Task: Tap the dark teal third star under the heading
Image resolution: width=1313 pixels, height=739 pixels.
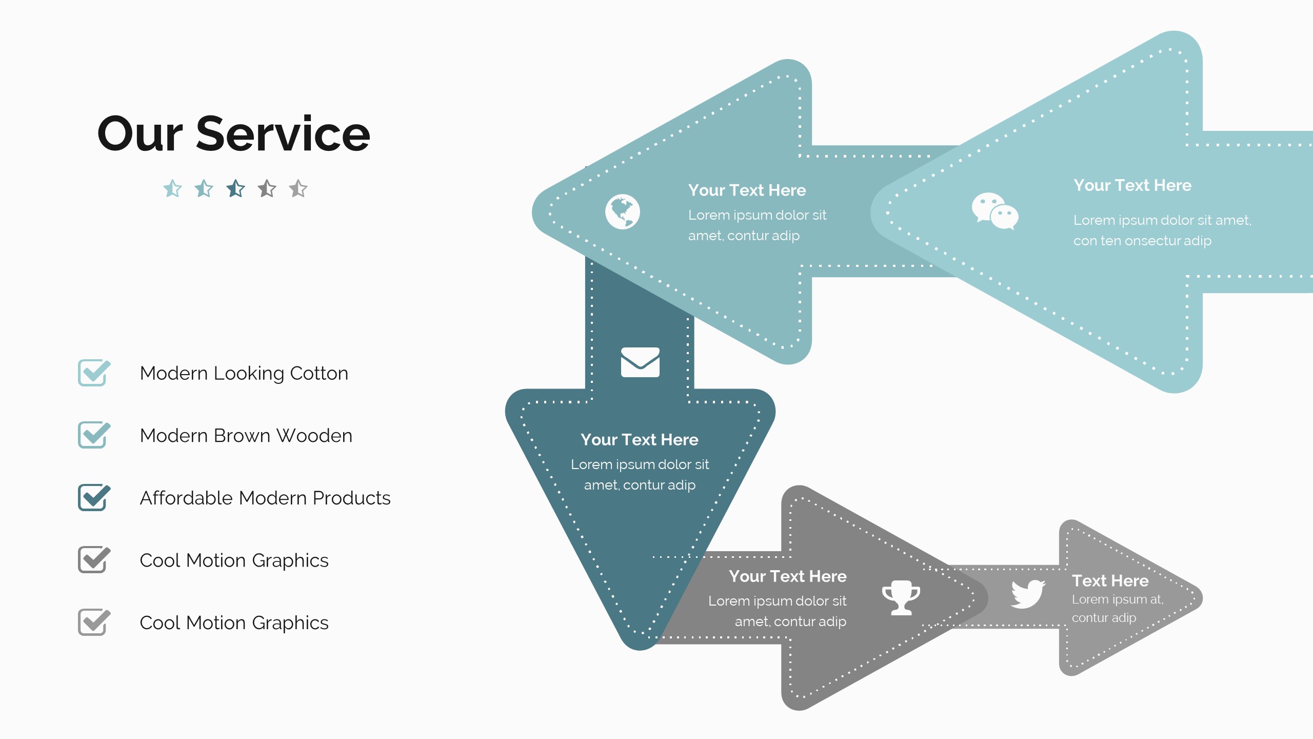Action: click(x=236, y=189)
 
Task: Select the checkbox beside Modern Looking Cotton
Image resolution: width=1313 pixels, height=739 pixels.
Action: click(x=93, y=373)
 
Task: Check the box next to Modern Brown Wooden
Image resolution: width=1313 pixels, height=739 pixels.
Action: click(x=93, y=435)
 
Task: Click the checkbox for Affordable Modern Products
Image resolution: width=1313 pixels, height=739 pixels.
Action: click(x=93, y=498)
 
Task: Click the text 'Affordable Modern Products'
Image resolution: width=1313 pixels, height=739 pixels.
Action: click(x=265, y=498)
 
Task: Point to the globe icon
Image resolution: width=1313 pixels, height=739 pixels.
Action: click(x=622, y=211)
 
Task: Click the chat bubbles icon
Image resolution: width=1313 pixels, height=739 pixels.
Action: click(x=994, y=211)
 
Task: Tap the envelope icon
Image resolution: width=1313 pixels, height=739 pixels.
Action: click(x=640, y=362)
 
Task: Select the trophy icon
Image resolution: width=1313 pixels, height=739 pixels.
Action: click(x=901, y=597)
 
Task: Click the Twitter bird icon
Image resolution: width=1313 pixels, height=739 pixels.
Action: click(x=1027, y=594)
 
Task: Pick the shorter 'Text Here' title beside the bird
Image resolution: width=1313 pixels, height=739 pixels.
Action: click(x=1110, y=580)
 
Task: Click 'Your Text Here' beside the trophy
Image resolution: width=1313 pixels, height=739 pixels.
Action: click(x=787, y=576)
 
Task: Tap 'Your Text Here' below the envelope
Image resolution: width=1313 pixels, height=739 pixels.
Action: click(x=639, y=440)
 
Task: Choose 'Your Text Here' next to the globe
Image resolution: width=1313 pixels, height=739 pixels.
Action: click(x=747, y=190)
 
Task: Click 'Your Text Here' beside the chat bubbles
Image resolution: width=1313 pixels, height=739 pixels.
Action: click(x=1132, y=185)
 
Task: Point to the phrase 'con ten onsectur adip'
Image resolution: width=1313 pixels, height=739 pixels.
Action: click(x=1142, y=241)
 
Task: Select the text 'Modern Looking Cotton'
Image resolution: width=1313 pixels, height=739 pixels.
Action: click(x=244, y=373)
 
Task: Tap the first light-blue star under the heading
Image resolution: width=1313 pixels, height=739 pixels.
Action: click(x=173, y=189)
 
